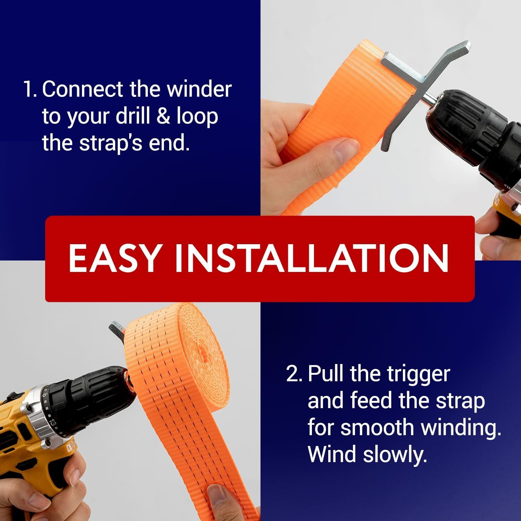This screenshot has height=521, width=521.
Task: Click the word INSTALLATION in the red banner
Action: click(x=312, y=258)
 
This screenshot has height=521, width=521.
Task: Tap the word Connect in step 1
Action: click(x=83, y=89)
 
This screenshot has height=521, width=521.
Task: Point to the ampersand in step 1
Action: click(x=163, y=116)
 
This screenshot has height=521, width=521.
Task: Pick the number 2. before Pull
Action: click(x=294, y=374)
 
